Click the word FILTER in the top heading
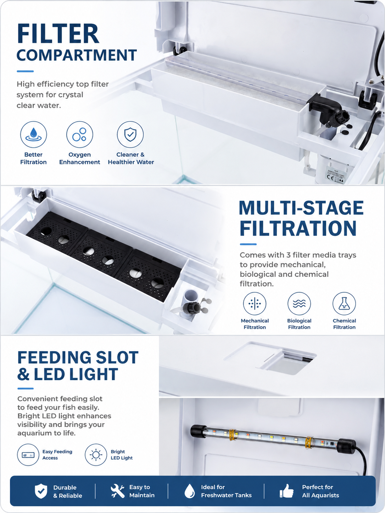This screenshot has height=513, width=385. click(x=58, y=34)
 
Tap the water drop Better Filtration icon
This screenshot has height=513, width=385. click(x=33, y=135)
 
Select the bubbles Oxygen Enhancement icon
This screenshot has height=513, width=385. click(x=79, y=135)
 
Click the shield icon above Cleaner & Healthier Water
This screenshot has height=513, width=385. click(x=130, y=135)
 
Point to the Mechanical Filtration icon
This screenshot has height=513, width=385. click(x=255, y=304)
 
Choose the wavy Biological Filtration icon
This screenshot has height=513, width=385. click(x=299, y=304)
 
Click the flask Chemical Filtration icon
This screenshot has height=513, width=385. click(x=344, y=304)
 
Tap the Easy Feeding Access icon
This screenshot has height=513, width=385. click(x=28, y=455)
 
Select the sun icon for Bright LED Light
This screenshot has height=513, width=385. click(x=96, y=455)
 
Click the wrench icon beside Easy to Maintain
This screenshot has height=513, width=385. click(x=118, y=491)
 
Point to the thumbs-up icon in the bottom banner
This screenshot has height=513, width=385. click(x=286, y=491)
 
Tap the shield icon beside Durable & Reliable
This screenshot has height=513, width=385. click(x=41, y=491)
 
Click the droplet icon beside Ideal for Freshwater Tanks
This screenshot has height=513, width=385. click(x=190, y=491)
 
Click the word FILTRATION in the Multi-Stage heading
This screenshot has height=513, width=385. click(x=298, y=229)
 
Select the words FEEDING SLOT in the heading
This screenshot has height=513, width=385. click(x=78, y=357)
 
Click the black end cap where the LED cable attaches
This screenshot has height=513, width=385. click(x=346, y=447)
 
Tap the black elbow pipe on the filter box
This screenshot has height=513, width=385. click(x=325, y=107)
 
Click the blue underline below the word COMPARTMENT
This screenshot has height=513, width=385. click(x=25, y=71)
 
